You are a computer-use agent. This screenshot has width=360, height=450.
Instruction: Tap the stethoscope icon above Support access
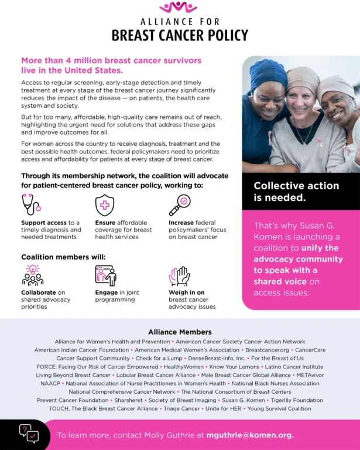pyautogui.click(x=30, y=204)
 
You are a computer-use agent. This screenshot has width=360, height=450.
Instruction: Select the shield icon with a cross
pyautogui.click(x=104, y=205)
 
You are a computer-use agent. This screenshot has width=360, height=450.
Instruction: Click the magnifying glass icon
pyautogui.click(x=179, y=204)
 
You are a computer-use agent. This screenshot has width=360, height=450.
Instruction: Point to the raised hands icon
pyautogui.click(x=179, y=276)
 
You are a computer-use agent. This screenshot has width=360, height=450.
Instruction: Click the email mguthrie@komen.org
pyautogui.click(x=250, y=435)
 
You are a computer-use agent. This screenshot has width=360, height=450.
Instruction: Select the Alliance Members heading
pyautogui.click(x=180, y=332)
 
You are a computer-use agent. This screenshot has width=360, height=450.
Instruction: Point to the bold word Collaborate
pyautogui.click(x=39, y=292)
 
